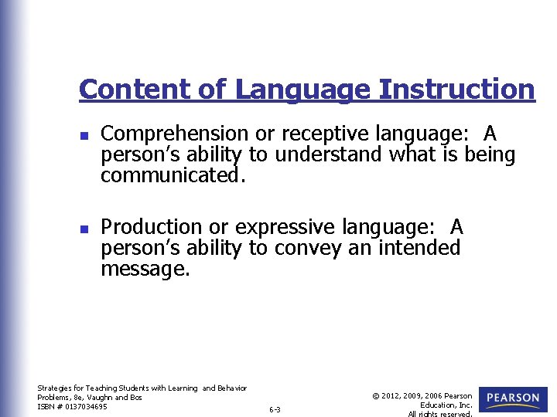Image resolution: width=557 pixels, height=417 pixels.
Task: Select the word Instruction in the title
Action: (x=456, y=89)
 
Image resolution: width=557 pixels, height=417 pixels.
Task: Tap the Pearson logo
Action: (x=513, y=398)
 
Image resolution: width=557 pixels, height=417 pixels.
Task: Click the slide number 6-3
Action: (x=275, y=409)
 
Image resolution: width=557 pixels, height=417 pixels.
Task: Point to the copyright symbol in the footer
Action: (x=376, y=396)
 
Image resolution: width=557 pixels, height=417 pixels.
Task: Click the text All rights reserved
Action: (x=440, y=414)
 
